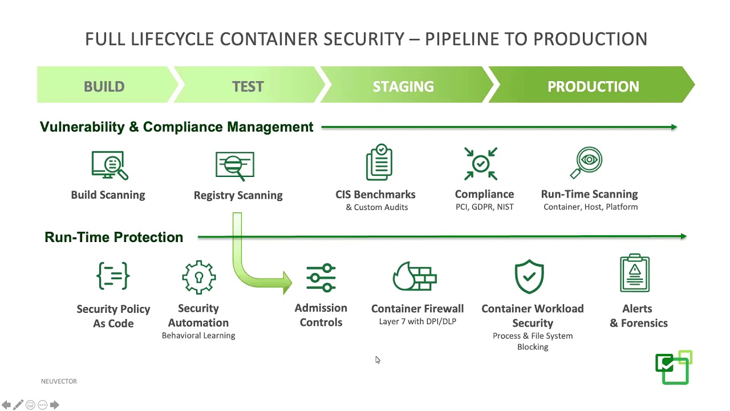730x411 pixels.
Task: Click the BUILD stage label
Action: [104, 86]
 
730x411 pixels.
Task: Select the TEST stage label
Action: [248, 86]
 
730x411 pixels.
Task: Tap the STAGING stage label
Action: [403, 86]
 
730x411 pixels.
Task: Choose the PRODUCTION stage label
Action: [593, 86]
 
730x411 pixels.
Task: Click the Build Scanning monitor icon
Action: [109, 165]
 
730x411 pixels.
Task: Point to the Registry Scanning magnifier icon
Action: [235, 166]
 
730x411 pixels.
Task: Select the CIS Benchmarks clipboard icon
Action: [379, 163]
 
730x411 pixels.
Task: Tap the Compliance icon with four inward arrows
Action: [481, 164]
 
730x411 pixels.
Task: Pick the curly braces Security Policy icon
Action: [113, 276]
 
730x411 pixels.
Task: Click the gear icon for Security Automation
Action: [198, 277]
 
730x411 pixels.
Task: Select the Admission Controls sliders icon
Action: [321, 278]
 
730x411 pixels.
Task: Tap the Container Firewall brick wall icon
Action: [415, 277]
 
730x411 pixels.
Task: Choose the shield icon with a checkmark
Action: [530, 277]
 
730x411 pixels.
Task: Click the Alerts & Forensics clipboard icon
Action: [635, 273]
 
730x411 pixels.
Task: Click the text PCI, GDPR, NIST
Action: [484, 207]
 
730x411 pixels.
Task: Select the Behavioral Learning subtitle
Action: [198, 336]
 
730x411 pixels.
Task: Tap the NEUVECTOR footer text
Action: [59, 381]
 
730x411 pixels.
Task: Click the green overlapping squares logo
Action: [674, 368]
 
